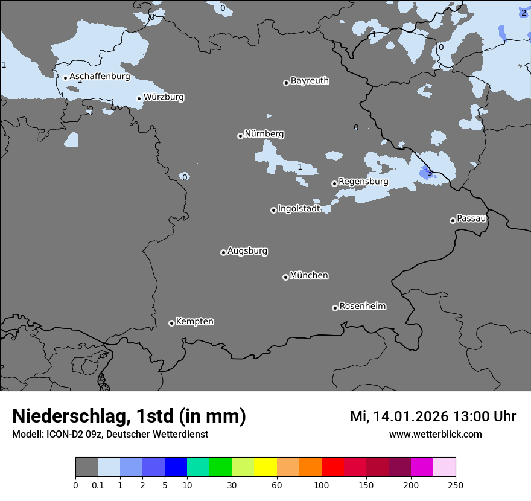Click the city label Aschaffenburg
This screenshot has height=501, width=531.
[x=100, y=77]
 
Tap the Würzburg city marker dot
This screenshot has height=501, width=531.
[x=139, y=98]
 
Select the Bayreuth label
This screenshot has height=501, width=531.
[x=310, y=80]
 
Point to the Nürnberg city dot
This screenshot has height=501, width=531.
[x=240, y=136]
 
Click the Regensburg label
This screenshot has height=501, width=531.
[x=363, y=181]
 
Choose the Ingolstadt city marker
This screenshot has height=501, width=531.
[x=273, y=210]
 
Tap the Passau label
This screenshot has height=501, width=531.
[x=472, y=218]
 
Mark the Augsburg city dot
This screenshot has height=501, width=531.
[x=223, y=252]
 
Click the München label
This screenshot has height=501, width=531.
[x=309, y=275]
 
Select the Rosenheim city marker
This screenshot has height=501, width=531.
[x=335, y=308]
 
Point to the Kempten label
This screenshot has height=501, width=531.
[x=194, y=321]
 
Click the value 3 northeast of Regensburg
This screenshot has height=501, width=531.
[x=429, y=173]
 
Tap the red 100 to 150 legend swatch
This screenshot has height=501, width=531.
[x=332, y=467]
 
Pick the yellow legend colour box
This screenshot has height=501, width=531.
[x=265, y=467]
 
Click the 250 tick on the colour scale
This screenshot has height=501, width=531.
[x=456, y=485]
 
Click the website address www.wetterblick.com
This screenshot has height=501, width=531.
[x=435, y=434]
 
